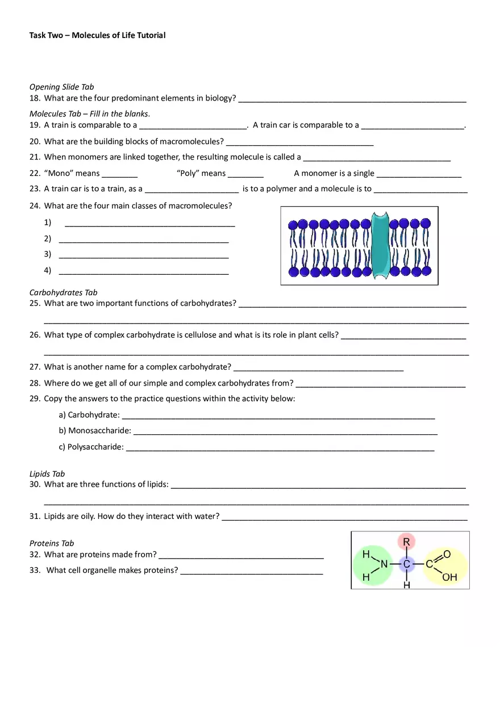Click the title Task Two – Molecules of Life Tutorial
(x=97, y=35)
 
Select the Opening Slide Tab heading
(x=61, y=87)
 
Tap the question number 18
(x=34, y=98)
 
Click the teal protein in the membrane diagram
(x=380, y=245)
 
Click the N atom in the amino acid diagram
(x=384, y=564)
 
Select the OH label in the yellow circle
(x=449, y=577)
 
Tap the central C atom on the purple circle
(x=406, y=564)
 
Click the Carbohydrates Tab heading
(x=63, y=292)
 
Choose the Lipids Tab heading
(x=47, y=474)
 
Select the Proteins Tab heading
(x=52, y=543)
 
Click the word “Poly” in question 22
(x=188, y=173)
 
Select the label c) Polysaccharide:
(x=91, y=447)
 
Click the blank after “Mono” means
(x=119, y=177)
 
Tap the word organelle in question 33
(x=124, y=570)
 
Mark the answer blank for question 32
(x=241, y=558)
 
